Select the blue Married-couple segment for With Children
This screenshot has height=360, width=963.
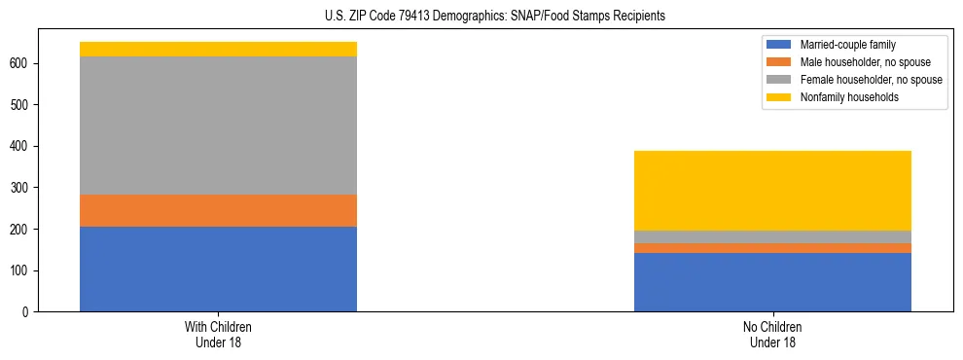(218, 269)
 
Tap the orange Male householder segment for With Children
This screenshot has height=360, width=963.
(218, 210)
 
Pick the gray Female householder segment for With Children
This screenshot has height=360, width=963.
(218, 126)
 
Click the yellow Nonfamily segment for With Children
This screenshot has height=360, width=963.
(218, 50)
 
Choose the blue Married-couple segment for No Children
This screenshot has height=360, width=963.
(772, 282)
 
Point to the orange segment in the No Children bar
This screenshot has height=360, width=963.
(772, 248)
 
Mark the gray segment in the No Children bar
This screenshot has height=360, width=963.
(772, 236)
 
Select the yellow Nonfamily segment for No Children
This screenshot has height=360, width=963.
(772, 191)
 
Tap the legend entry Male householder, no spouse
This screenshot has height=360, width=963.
(852, 62)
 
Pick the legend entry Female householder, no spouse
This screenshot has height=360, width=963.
(856, 80)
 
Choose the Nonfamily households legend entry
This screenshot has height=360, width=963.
(842, 97)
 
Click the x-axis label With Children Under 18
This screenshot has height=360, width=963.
(218, 334)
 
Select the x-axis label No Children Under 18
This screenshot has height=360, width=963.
(772, 334)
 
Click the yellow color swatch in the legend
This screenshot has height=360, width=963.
(779, 97)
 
